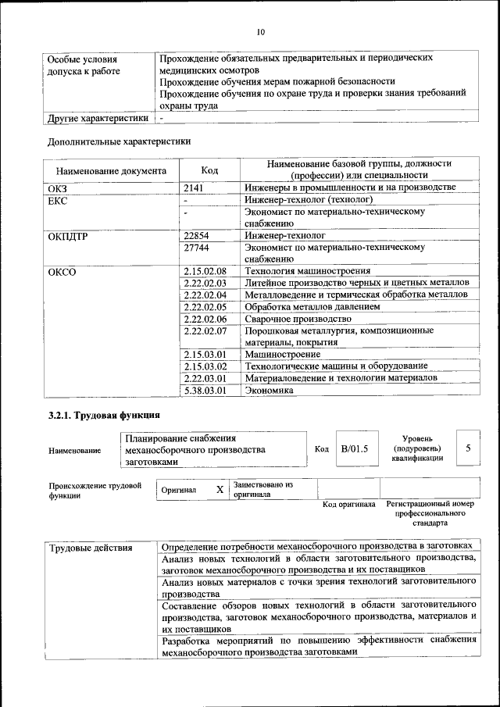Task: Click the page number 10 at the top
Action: point(260,32)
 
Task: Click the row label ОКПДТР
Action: point(66,235)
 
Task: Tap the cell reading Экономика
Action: point(270,390)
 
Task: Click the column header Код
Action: point(209,170)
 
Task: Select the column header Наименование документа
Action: point(111,170)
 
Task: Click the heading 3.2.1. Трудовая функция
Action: point(104,414)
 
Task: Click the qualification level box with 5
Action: point(468,448)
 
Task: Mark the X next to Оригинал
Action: point(220,490)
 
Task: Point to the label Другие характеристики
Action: point(98,118)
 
